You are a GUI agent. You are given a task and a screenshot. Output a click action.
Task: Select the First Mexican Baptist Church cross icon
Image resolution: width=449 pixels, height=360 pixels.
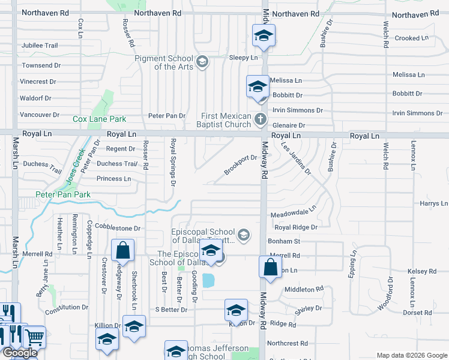tap(261, 118)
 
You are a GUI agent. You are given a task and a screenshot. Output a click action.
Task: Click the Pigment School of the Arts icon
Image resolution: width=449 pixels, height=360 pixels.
tap(203, 61)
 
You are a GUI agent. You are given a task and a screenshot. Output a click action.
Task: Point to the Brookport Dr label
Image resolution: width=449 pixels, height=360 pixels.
tap(241, 165)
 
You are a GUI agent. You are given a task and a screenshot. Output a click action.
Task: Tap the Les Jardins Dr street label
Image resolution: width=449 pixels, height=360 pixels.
tap(296, 160)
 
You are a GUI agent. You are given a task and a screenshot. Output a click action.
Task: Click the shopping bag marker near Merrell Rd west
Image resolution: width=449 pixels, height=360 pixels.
tap(122, 251)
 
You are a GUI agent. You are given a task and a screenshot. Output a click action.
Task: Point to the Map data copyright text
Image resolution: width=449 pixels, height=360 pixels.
tap(411, 355)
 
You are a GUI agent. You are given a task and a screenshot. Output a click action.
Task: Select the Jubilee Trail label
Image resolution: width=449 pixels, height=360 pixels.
tap(40, 46)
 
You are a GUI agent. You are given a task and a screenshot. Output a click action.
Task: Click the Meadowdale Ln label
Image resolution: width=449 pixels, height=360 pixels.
tap(292, 213)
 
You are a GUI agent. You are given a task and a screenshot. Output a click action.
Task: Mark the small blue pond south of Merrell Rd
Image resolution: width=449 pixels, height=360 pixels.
tap(209, 280)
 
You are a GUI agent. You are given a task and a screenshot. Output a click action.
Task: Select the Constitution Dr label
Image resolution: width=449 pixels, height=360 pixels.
tap(67, 307)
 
